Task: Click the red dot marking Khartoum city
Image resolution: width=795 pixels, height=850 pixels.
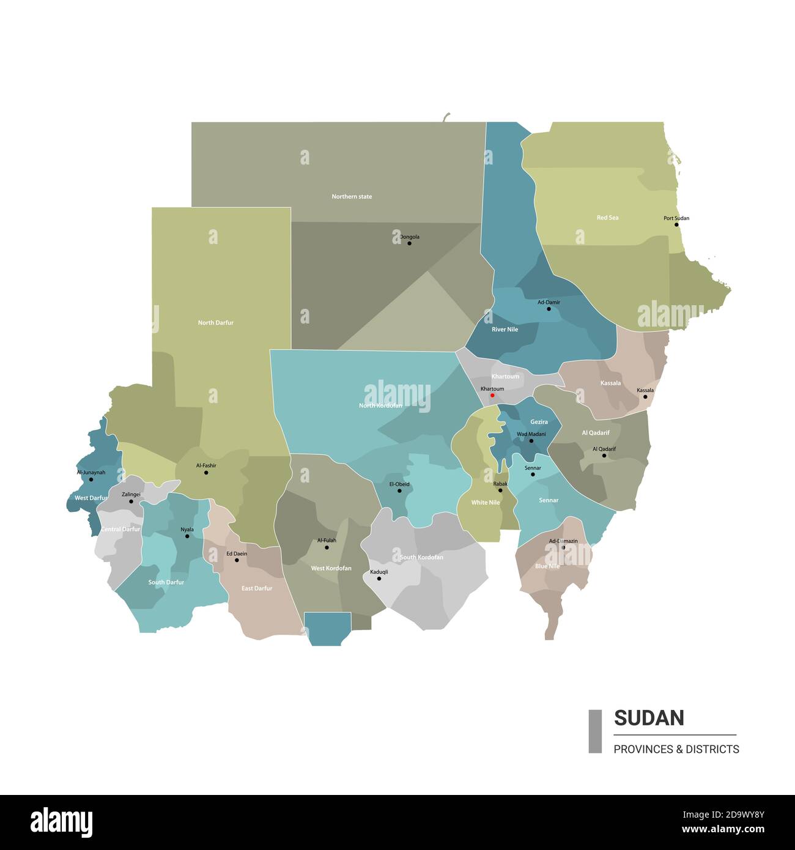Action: [x=492, y=395]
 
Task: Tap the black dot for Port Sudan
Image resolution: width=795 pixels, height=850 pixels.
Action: [x=676, y=224]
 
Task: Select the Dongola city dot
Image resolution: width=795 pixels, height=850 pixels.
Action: [x=409, y=243]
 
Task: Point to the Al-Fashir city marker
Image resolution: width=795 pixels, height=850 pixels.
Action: [x=206, y=472]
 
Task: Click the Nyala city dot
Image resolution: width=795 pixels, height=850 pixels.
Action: [x=187, y=536]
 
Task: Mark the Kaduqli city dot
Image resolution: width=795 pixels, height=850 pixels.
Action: [x=379, y=578]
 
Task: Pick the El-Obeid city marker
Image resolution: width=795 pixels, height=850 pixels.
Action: [x=399, y=490]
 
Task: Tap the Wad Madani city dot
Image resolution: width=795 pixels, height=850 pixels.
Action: [x=531, y=441]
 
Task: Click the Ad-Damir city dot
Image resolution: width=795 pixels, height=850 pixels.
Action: [x=549, y=309]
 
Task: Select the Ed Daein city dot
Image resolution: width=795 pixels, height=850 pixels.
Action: [x=237, y=560]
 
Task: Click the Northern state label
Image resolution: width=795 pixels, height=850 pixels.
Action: [x=352, y=196]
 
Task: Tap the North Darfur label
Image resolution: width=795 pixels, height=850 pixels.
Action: [x=215, y=322]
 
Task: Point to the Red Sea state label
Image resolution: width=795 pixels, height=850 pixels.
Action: [x=607, y=218]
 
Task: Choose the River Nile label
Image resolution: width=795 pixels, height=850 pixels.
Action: [x=505, y=330]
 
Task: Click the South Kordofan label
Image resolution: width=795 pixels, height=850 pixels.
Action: [x=421, y=557]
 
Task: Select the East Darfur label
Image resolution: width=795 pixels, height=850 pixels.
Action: [x=257, y=588]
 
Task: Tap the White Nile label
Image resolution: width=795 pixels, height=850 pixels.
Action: [x=485, y=503]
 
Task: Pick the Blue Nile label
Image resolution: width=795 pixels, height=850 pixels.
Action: [x=547, y=566]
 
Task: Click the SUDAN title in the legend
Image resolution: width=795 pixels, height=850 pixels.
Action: [x=649, y=717]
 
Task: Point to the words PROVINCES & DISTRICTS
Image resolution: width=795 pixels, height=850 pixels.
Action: [x=676, y=749]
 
